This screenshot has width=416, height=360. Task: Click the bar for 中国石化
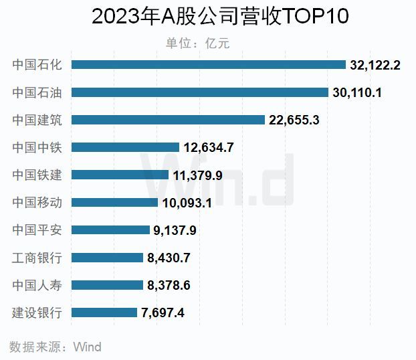(208, 65)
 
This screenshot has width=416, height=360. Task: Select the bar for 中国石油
(199, 92)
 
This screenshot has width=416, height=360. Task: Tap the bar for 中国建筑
(168, 120)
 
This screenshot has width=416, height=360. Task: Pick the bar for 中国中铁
(125, 147)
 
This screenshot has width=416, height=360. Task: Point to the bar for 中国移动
(114, 202)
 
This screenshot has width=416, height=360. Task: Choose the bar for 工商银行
(107, 257)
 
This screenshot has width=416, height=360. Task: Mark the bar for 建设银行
(104, 312)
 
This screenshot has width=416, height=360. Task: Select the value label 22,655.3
(295, 120)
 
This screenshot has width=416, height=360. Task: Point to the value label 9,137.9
(175, 230)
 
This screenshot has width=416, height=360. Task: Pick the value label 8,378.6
(169, 284)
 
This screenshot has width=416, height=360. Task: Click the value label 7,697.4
(163, 312)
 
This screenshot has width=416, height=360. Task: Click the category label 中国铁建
(37, 175)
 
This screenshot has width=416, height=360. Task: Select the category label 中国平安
(37, 230)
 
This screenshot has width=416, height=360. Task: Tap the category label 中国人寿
(37, 284)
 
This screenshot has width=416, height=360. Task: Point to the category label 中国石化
(37, 65)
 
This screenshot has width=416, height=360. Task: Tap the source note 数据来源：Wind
(56, 347)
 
